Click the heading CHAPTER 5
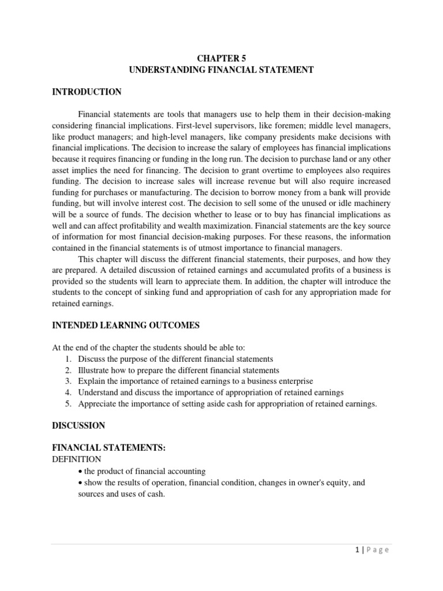pyautogui.click(x=221, y=58)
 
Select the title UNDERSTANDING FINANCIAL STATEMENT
pyautogui.click(x=221, y=70)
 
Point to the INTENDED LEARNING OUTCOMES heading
pyautogui.click(x=126, y=326)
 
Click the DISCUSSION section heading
pyautogui.click(x=78, y=425)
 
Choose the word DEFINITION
pyautogui.click(x=77, y=459)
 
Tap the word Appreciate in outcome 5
pyautogui.click(x=97, y=404)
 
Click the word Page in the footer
pyautogui.click(x=378, y=550)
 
